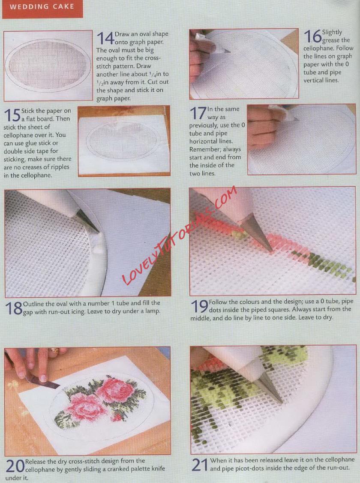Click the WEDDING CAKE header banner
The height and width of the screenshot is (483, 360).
(x=42, y=9)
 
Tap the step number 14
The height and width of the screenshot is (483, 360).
(x=105, y=38)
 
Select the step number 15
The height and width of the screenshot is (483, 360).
(x=12, y=115)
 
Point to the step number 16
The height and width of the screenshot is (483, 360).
(x=312, y=36)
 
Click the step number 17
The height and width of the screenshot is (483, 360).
(x=198, y=113)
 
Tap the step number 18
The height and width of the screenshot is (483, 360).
(x=14, y=308)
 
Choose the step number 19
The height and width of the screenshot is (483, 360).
(x=200, y=307)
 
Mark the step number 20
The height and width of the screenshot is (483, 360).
(x=15, y=466)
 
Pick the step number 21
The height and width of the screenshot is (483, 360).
(x=200, y=465)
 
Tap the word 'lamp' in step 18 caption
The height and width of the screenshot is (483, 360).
(x=152, y=311)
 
